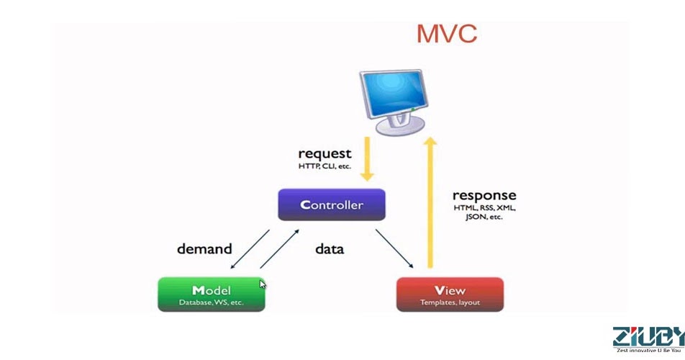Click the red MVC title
[x=446, y=34]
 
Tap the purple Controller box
[x=332, y=205]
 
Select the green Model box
[x=212, y=294]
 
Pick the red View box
[x=450, y=294]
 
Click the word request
[x=325, y=153]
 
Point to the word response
[x=484, y=195]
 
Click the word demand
[x=204, y=249]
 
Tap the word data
[x=330, y=249]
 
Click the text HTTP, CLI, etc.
[x=325, y=166]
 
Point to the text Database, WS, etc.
[x=212, y=302]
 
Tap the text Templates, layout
[x=450, y=302]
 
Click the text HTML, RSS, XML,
[x=484, y=208]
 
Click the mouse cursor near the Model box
[x=263, y=284]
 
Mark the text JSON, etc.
[x=484, y=217]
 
